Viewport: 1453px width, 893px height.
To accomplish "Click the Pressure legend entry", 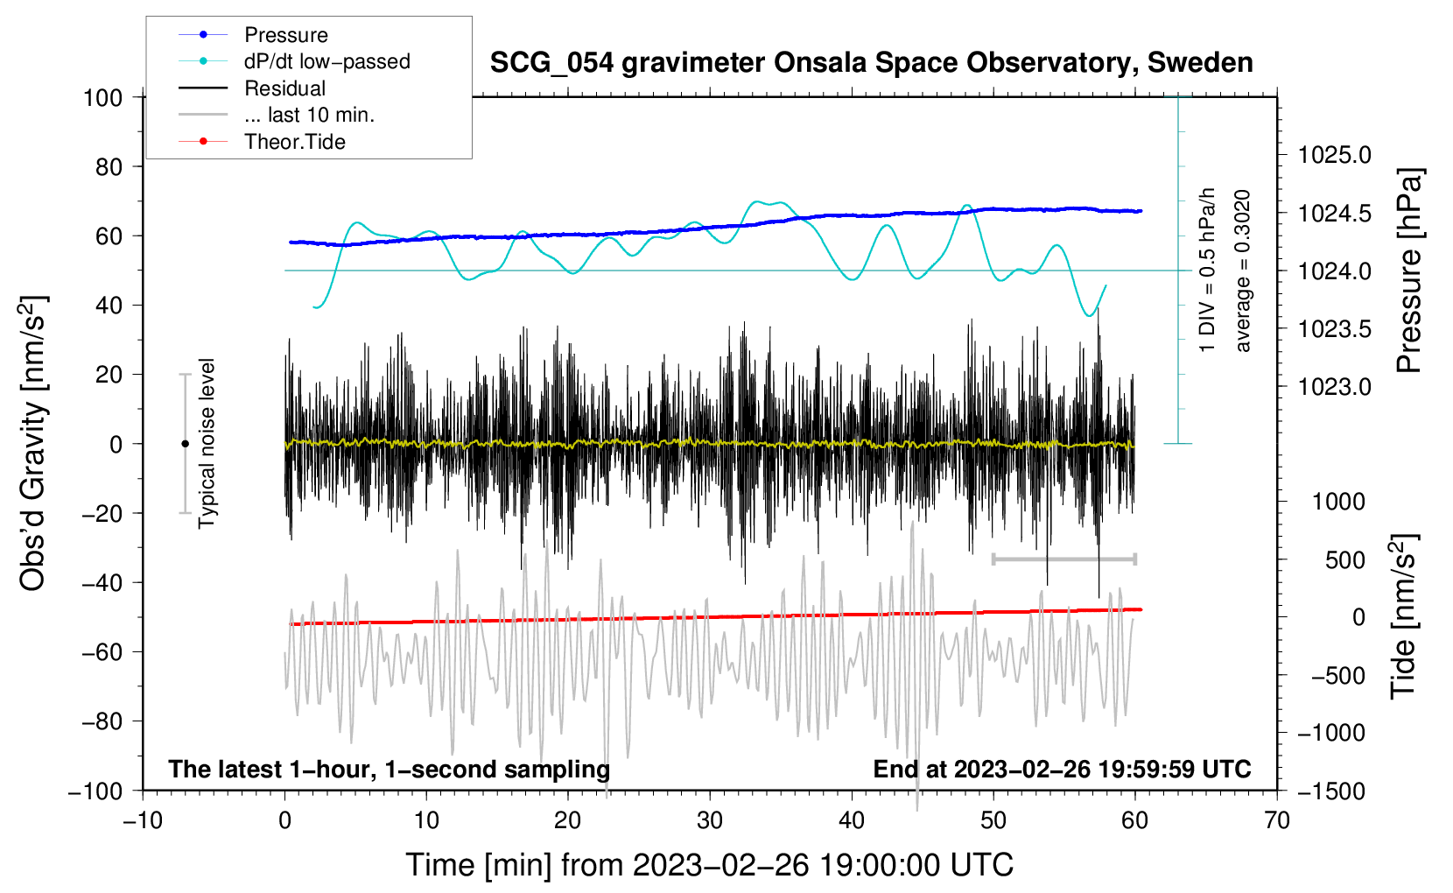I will (285, 35).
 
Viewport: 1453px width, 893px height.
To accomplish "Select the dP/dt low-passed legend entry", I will (326, 61).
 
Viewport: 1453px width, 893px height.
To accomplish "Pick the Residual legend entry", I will (284, 88).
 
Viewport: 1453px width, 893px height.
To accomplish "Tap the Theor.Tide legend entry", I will (294, 142).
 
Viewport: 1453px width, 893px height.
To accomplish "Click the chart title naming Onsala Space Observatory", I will (871, 63).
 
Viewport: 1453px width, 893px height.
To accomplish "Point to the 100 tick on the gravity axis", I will (102, 97).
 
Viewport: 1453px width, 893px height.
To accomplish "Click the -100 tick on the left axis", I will (95, 791).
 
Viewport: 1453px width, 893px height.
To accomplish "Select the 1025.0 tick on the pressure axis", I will (1335, 155).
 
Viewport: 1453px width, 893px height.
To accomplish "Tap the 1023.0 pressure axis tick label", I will (1335, 386).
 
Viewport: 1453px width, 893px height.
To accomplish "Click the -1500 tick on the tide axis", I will (1331, 791).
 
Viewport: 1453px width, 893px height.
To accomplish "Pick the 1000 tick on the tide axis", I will (1338, 502).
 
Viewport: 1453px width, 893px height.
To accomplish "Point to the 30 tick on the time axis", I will (710, 820).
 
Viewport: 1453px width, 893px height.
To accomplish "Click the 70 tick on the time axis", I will (1277, 820).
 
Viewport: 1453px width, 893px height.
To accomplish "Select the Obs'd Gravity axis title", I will (33, 443).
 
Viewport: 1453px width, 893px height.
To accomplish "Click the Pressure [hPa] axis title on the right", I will (1408, 271).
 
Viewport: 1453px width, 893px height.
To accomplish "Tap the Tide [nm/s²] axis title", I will (1403, 617).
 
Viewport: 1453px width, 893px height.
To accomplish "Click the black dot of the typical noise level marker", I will (185, 444).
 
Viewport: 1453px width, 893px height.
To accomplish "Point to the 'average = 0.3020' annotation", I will (1243, 271).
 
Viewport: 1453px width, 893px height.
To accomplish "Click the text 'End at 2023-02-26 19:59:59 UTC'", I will (1062, 770).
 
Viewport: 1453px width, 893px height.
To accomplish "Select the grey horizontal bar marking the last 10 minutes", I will (1064, 559).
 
